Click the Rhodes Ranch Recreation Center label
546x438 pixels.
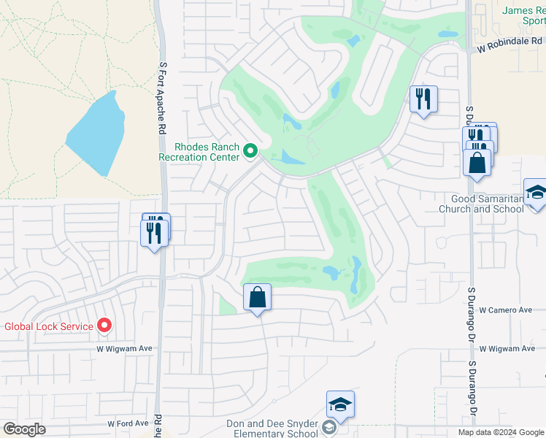199,151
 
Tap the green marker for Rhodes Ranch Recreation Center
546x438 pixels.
250,152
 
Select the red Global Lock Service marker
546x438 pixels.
104,326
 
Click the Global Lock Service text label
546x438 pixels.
49,326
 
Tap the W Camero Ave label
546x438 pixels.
506,310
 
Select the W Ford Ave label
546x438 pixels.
128,423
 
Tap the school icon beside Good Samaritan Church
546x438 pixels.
536,192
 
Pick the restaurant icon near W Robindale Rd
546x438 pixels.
423,98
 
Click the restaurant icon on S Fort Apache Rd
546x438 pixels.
154,231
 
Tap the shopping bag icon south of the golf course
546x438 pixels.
257,296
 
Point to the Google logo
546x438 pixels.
24,429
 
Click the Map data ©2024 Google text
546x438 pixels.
500,432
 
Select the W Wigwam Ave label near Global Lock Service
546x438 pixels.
125,349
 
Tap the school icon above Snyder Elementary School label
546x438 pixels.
341,404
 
